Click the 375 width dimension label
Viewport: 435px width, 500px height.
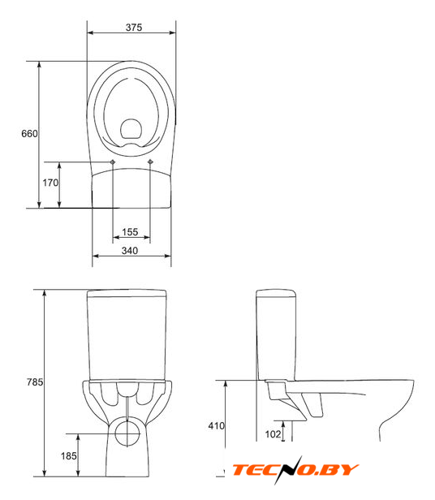pyautogui.click(x=134, y=28)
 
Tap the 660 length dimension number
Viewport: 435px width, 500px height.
pyautogui.click(x=29, y=133)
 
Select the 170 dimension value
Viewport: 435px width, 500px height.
pyautogui.click(x=50, y=183)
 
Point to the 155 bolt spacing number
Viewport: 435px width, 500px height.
pyautogui.click(x=130, y=232)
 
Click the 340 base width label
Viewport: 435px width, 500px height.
pyautogui.click(x=130, y=251)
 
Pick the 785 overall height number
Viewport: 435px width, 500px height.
pyautogui.click(x=34, y=381)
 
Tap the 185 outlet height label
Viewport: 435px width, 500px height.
pyautogui.click(x=68, y=455)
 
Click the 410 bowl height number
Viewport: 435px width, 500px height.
pyautogui.click(x=216, y=425)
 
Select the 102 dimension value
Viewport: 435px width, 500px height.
pyautogui.click(x=273, y=433)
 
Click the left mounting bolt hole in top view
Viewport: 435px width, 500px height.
pyautogui.click(x=113, y=162)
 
